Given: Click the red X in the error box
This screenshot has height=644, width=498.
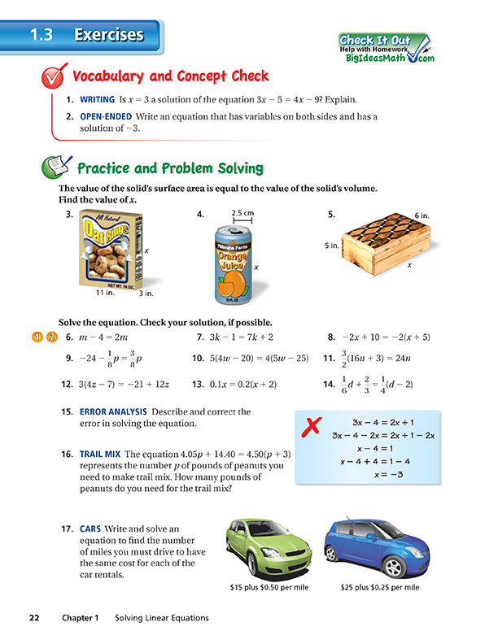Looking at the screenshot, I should (308, 426).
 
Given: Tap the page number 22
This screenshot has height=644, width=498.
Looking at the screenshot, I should (34, 618).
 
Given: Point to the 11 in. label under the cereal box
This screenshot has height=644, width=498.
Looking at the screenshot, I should (103, 293).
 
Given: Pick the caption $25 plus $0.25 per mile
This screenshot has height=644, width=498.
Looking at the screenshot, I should (382, 585).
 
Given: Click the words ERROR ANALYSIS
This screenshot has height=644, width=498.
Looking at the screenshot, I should (113, 412).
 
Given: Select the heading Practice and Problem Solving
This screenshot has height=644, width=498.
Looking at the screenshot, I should (169, 168).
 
